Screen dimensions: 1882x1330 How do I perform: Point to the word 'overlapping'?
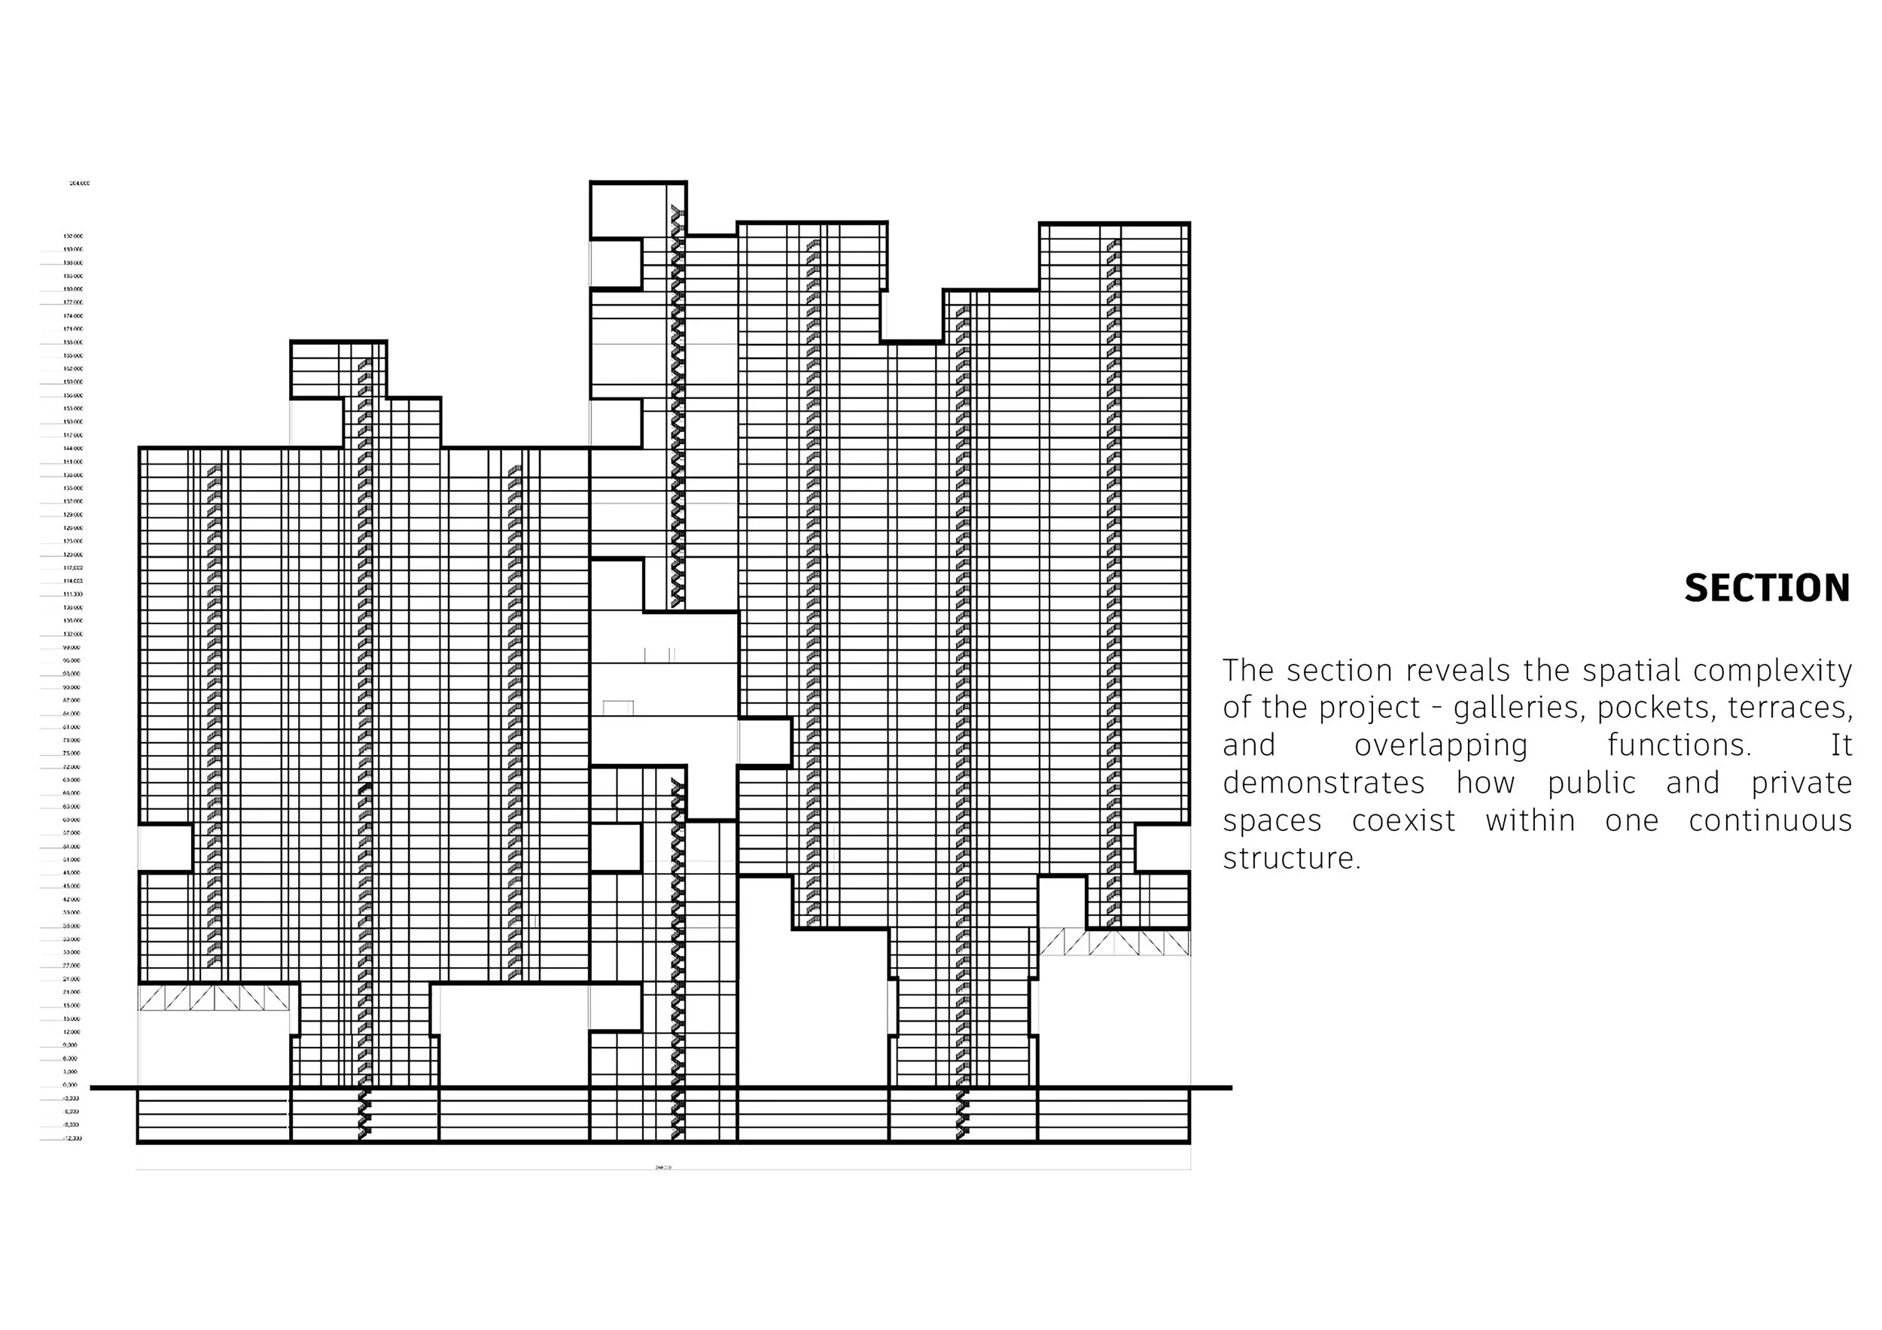[x=1441, y=746]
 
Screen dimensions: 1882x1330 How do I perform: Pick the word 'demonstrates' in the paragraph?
[x=1323, y=784]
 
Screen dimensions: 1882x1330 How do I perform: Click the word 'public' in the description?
[x=1591, y=784]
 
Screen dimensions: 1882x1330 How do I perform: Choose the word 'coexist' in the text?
[x=1403, y=821]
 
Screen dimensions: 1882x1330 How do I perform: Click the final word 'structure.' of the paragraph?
[x=1292, y=859]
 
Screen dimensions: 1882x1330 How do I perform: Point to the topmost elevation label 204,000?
[x=80, y=184]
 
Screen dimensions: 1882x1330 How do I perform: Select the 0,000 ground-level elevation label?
[x=72, y=1085]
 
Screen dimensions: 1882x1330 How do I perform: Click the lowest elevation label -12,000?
[x=72, y=1139]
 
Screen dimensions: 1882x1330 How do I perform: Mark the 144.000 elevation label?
[x=73, y=449]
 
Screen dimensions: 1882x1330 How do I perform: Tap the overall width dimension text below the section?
[x=663, y=1167]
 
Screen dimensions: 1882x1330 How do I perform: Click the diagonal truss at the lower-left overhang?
[x=215, y=997]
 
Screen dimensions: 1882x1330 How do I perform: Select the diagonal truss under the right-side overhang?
[x=1115, y=942]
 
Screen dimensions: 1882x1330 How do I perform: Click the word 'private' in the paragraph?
[x=1801, y=784]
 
